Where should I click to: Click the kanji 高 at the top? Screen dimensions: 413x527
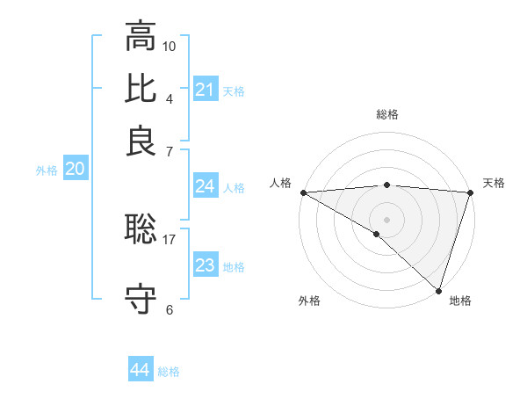click(x=141, y=38)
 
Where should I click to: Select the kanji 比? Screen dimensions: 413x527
click(x=141, y=89)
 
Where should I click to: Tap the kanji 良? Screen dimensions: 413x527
click(x=141, y=141)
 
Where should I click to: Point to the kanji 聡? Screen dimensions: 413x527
click(x=141, y=230)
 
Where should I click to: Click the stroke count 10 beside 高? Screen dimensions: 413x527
click(x=170, y=46)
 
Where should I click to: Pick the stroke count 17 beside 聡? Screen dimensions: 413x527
click(x=170, y=238)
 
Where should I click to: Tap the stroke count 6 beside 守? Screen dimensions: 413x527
click(x=170, y=309)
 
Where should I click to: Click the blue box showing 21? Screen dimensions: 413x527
click(x=205, y=90)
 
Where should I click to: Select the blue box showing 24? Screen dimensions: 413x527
click(x=205, y=186)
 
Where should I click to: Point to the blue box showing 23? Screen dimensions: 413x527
click(x=205, y=265)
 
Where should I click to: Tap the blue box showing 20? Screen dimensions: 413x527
click(x=75, y=170)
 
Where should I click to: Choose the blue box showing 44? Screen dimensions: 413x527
click(x=140, y=370)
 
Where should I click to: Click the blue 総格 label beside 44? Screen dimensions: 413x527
click(x=169, y=372)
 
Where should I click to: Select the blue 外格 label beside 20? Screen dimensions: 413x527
click(x=47, y=171)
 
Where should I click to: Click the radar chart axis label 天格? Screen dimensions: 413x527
click(x=494, y=183)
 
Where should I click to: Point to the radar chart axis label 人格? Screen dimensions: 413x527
click(x=280, y=183)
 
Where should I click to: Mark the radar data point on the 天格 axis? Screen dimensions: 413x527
click(x=471, y=192)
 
